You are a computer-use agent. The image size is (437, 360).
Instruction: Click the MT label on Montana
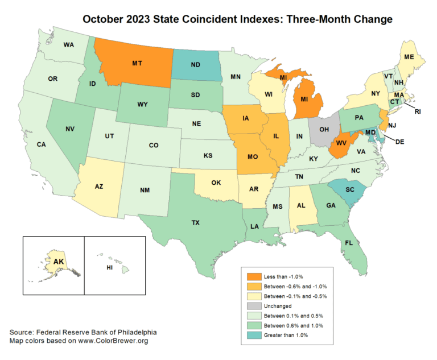point(137,64)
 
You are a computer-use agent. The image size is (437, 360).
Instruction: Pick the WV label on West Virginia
point(340,142)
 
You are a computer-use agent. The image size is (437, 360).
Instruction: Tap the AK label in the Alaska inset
point(58,262)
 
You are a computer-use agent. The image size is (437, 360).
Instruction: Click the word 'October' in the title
point(108,19)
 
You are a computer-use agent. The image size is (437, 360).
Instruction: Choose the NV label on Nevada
point(70,129)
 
